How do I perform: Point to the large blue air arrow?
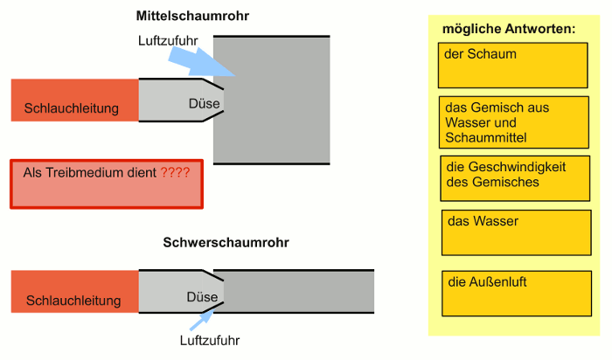point(200,61)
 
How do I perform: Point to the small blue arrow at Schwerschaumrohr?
point(203,317)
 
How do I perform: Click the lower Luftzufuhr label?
point(209,340)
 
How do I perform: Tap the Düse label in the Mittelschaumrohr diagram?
point(204,103)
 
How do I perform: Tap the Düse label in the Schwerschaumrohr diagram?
point(201,296)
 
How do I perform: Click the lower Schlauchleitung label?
point(73,301)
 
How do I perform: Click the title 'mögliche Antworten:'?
point(508,29)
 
